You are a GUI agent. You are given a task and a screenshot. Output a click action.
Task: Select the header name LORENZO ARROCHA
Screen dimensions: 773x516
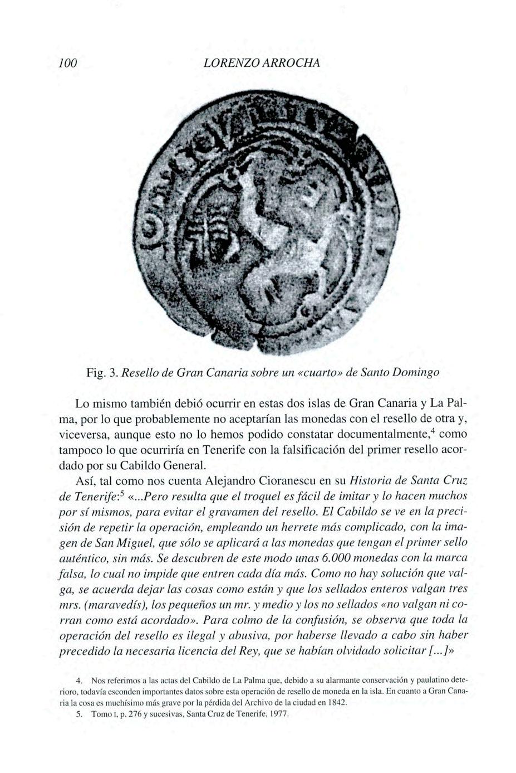262,63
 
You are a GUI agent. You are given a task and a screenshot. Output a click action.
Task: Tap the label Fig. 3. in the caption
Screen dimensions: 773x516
101,372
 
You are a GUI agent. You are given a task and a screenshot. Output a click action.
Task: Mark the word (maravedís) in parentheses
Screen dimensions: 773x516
115,605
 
